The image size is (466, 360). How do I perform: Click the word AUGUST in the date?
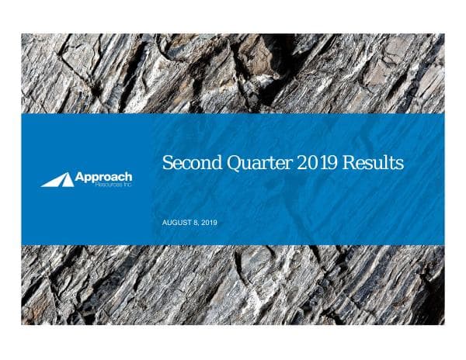(176, 223)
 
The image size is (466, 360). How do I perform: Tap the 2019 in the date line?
(209, 223)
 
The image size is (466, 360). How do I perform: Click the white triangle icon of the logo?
(57, 181)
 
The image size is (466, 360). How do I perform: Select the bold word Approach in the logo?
(103, 178)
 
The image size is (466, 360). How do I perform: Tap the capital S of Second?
(166, 164)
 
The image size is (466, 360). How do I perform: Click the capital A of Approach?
(79, 177)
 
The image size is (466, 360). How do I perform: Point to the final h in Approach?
(128, 177)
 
